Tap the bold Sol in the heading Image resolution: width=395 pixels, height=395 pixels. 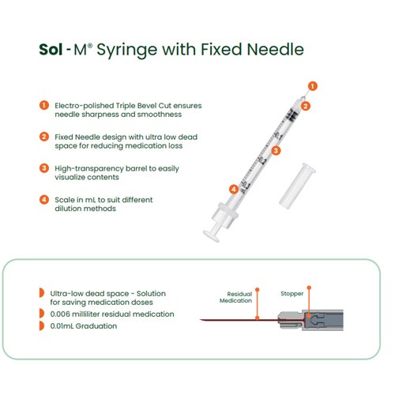pos(51,49)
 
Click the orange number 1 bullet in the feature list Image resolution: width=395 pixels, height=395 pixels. pos(44,105)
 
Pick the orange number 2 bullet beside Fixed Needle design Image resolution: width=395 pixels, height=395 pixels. pos(44,137)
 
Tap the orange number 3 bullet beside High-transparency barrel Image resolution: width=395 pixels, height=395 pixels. pos(44,168)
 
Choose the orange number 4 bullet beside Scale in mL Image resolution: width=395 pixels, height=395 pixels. pos(44,200)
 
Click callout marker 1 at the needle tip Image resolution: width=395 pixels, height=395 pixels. pos(313,86)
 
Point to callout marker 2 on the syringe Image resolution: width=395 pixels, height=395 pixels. pos(306,106)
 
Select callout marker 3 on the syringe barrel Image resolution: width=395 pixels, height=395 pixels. pos(276,151)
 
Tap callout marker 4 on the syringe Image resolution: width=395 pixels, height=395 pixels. pos(234,189)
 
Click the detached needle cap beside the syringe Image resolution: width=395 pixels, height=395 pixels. pos(297,186)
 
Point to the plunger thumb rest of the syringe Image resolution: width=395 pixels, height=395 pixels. pos(211,236)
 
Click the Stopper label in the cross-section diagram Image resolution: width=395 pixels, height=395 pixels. pos(292,294)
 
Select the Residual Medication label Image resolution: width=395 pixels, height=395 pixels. pos(236,297)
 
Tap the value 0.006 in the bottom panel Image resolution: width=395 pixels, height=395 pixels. pos(60,314)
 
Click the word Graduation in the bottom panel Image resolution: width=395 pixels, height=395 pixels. pos(96,326)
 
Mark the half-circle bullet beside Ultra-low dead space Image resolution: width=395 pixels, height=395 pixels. pos(42,292)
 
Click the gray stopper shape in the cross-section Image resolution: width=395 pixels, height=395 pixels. pos(314,320)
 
